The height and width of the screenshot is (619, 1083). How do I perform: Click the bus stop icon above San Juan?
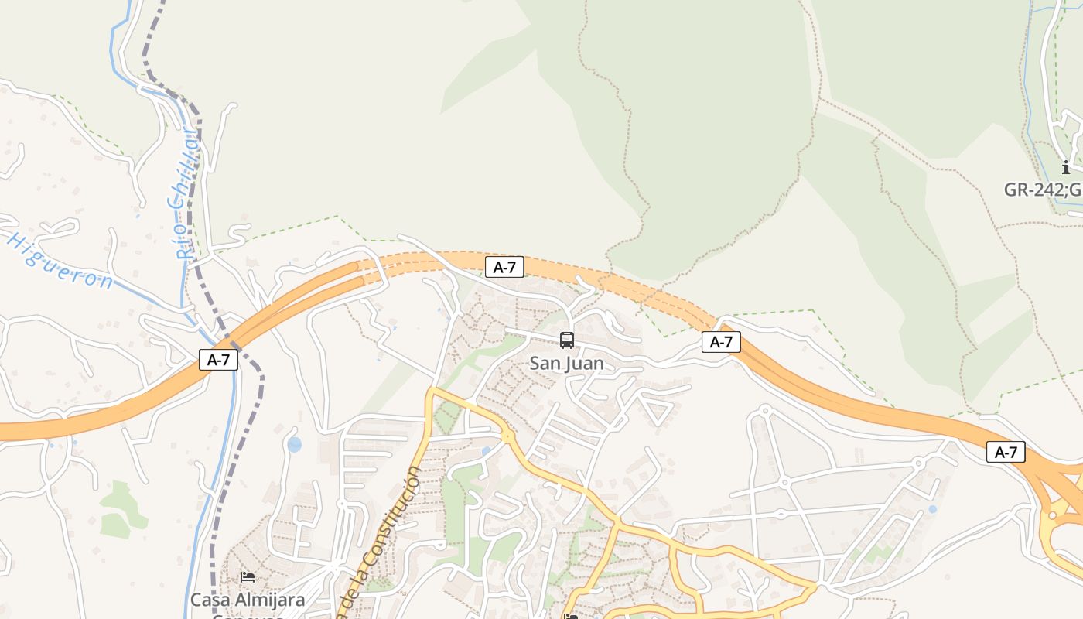[x=567, y=340]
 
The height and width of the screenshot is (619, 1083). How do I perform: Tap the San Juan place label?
[x=567, y=363]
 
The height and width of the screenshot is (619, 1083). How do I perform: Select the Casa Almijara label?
[x=248, y=600]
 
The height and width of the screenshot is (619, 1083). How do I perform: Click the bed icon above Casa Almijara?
[x=248, y=576]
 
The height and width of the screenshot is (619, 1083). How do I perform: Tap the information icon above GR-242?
[x=1066, y=167]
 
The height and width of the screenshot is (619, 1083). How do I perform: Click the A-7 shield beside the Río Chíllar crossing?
[x=218, y=360]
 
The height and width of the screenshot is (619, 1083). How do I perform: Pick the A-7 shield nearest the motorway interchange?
[x=1006, y=453]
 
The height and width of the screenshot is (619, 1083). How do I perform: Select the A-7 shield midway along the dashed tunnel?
[x=504, y=268]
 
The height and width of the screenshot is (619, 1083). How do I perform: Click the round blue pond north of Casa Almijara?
[x=294, y=444]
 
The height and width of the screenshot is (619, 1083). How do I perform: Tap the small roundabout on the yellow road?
[x=507, y=437]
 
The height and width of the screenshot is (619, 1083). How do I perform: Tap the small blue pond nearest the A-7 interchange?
[x=932, y=509]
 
